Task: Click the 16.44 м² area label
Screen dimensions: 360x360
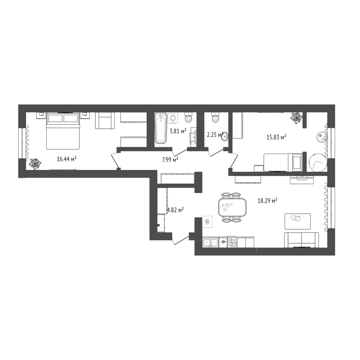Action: coord(67,159)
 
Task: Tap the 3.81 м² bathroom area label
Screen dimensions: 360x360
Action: coord(178,131)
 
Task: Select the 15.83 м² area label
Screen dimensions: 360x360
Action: coord(276,137)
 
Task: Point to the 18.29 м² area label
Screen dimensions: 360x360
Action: coord(267,201)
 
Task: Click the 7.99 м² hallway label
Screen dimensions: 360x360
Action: coord(170,160)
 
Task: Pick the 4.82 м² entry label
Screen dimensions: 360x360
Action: coord(175,210)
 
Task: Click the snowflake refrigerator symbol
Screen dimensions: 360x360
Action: coord(207,222)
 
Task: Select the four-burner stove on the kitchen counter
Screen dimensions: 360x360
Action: coord(232,242)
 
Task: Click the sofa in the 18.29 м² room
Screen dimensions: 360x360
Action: coord(301,240)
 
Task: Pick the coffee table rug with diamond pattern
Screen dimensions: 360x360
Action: coord(298,221)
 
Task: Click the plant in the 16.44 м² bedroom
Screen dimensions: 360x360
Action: coord(35,164)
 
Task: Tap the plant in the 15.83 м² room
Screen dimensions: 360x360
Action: coord(297,118)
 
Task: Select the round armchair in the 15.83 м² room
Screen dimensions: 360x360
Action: coord(318,162)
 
